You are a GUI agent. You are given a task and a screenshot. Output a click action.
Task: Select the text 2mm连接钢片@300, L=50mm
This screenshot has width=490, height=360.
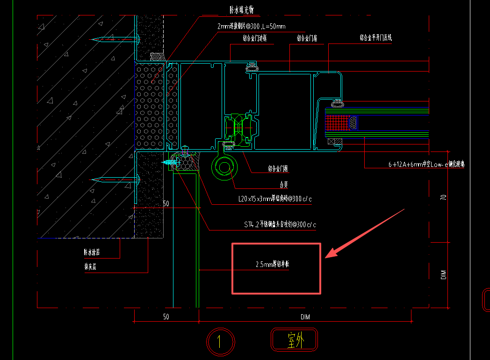[x=251, y=27]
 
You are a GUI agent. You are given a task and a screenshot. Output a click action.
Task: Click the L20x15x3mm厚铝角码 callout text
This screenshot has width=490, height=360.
[x=274, y=200]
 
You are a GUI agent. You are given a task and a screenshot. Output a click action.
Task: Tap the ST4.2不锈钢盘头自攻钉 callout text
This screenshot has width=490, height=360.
[x=280, y=225]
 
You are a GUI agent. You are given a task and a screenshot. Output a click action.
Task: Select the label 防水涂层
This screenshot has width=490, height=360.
[x=92, y=253]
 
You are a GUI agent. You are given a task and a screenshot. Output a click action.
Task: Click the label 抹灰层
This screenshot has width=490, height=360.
[x=90, y=267]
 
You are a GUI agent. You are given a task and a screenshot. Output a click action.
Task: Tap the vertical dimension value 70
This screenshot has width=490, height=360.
[x=444, y=197]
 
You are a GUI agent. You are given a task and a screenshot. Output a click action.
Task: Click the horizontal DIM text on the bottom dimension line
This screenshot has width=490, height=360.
[x=305, y=317]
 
